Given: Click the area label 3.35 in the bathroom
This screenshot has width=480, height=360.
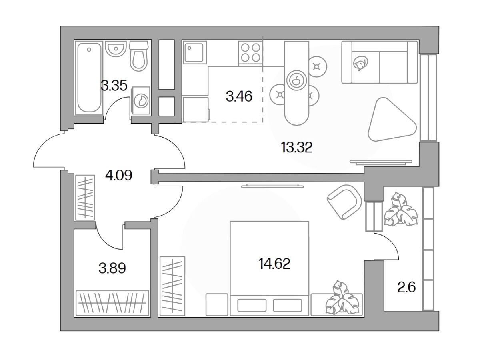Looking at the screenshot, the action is click(114, 86).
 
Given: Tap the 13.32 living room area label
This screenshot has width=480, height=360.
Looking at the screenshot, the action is click(296, 147).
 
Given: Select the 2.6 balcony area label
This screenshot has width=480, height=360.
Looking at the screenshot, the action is click(406, 287).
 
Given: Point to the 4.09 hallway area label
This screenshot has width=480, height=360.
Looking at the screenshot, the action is click(119, 176).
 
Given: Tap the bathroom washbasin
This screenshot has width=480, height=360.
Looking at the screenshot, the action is click(116, 49).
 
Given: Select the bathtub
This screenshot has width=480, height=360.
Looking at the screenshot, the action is click(89, 78).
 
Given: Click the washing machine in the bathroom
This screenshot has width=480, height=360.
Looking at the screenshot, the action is click(141, 101).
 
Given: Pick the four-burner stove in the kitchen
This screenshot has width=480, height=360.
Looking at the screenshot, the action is click(250, 52).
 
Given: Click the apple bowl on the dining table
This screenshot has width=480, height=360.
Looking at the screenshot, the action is click(297, 81).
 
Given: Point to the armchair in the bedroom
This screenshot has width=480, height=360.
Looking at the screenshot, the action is click(345, 202).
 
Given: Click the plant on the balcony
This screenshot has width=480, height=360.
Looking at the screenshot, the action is click(401, 210).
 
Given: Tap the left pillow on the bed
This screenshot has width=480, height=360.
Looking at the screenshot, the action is click(252, 305).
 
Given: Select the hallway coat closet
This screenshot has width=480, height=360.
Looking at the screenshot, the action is click(85, 198).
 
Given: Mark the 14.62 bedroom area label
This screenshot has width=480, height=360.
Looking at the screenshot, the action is click(274, 264).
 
